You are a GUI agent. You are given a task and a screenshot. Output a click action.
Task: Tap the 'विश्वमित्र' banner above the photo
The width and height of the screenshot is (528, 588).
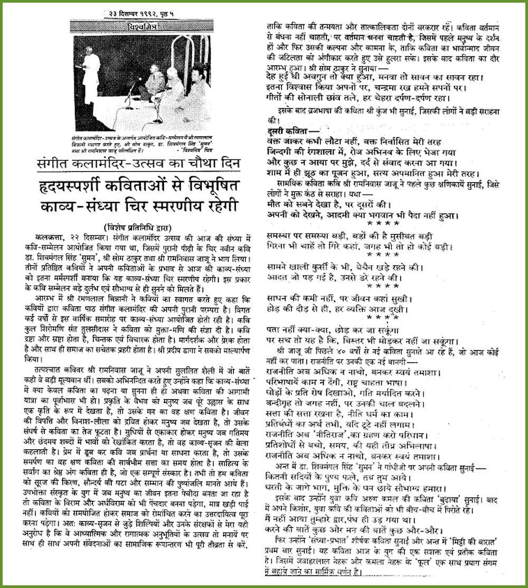(x=136, y=26)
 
